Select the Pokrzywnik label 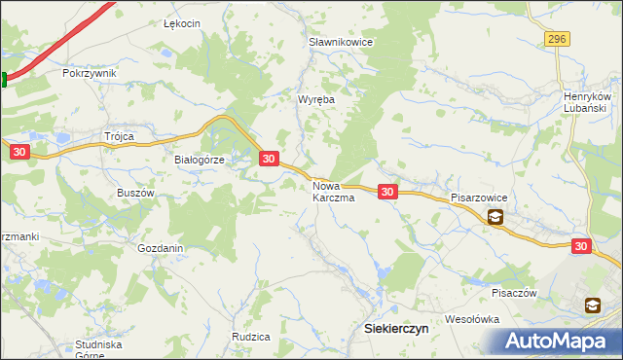coord(89,73)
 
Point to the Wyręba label coord(316,99)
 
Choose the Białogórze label coord(200,161)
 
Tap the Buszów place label coord(136,193)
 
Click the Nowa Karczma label coord(333,191)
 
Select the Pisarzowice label coord(479,197)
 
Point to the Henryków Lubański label coord(587,102)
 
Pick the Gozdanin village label coord(161,248)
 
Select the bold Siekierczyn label coord(395,329)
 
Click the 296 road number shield coord(556,38)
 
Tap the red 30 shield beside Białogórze coord(270,158)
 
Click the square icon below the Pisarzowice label coord(495,218)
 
